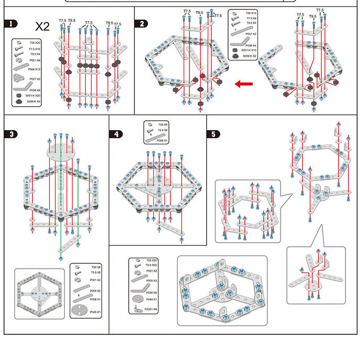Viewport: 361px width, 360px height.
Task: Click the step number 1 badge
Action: pos(11,24)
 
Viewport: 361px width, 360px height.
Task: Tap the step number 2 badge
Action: pos(141,24)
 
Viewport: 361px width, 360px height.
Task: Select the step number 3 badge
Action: pos(11,134)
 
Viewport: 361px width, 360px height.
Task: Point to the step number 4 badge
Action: pos(116,134)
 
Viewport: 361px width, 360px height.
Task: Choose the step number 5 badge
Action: pos(213,134)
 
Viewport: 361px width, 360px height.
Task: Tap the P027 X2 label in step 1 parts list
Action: pos(35,79)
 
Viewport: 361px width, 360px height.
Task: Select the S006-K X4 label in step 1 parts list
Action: pos(35,101)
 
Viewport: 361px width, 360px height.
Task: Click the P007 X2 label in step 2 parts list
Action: pos(251,33)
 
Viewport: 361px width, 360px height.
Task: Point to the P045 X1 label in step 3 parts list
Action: pos(95,312)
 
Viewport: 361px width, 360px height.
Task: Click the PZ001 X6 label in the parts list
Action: pos(151,309)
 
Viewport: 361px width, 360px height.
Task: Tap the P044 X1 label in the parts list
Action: pos(151,299)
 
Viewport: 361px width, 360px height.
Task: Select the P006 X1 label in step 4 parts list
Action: pos(162,141)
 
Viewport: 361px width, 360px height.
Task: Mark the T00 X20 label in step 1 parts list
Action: pos(35,42)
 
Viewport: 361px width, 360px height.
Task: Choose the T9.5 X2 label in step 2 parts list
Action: pos(251,23)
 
